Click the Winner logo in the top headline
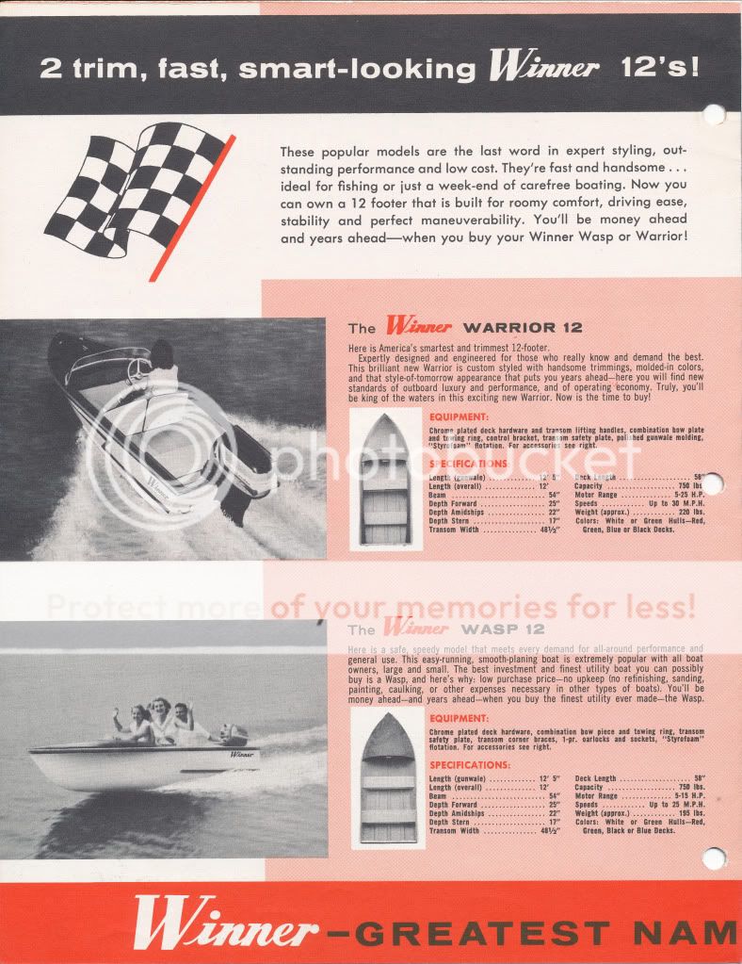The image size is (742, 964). (x=543, y=68)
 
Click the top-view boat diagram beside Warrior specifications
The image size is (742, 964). (x=386, y=479)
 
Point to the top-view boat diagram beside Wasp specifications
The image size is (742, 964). (x=387, y=778)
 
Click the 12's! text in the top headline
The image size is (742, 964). (x=660, y=68)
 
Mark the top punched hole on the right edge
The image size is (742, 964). (x=715, y=116)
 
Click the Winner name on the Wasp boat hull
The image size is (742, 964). (x=241, y=755)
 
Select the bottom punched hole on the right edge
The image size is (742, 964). (x=715, y=858)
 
